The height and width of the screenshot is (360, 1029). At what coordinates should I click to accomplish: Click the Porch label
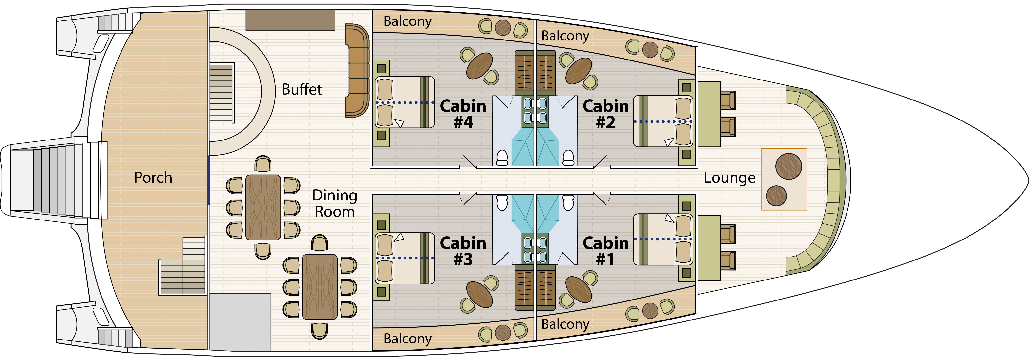click(153, 177)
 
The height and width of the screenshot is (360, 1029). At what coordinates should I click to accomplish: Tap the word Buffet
click(302, 89)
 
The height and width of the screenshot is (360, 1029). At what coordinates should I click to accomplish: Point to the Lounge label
click(729, 177)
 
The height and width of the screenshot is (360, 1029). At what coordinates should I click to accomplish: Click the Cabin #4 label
click(463, 114)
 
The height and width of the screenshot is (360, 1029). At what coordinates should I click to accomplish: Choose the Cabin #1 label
click(605, 251)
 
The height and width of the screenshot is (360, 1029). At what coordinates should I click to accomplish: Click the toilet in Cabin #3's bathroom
click(502, 202)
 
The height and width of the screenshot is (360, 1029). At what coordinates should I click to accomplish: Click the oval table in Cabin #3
click(479, 295)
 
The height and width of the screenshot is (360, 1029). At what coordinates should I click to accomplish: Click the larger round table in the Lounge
click(788, 166)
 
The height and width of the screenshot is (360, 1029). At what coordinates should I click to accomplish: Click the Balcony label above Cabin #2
click(565, 36)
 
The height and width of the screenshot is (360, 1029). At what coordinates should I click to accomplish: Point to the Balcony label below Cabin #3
click(407, 339)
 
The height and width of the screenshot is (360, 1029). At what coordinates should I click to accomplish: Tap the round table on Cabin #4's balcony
click(503, 28)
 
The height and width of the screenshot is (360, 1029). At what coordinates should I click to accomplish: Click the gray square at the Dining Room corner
click(241, 322)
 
